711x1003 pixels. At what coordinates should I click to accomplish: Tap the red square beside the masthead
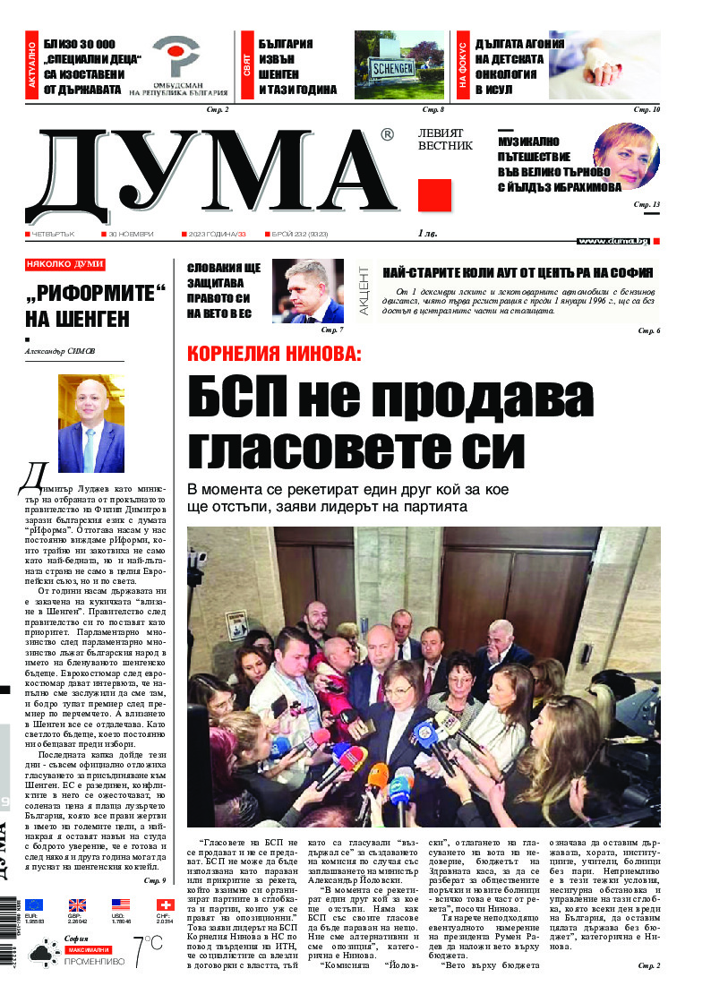coord(434,195)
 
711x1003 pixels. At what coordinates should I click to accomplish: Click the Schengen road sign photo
coord(399,65)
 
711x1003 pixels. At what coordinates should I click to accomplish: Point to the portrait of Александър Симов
coord(91,424)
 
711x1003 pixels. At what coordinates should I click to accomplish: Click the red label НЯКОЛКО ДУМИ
coord(65,265)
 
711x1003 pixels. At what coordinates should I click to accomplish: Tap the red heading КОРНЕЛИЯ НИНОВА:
coord(274,353)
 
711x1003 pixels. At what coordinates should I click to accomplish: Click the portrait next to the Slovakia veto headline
coord(307,290)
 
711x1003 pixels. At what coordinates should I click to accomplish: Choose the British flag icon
coord(78,904)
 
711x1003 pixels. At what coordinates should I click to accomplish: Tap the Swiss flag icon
coord(164,904)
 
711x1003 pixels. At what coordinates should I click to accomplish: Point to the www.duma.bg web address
coord(613,241)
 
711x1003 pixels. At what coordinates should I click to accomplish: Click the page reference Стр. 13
coord(647,205)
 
